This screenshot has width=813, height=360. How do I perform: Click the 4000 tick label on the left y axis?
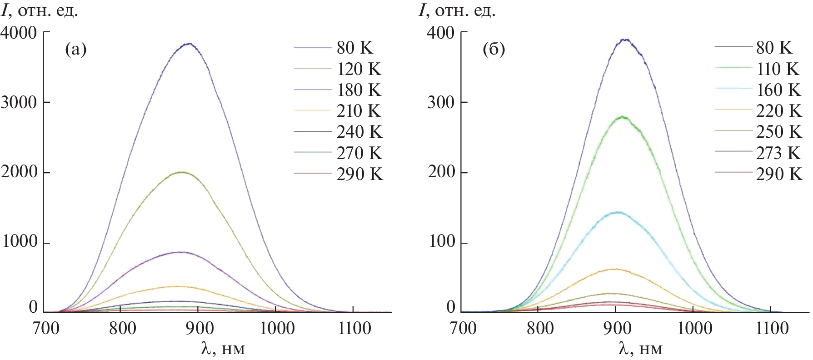(19, 33)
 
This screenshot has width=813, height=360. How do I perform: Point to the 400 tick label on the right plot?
(441, 33)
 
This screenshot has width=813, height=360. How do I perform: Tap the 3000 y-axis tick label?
(19, 103)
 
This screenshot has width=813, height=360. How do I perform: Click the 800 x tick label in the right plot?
(540, 328)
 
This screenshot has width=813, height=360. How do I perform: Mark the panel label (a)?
(75, 49)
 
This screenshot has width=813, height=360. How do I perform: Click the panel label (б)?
(494, 49)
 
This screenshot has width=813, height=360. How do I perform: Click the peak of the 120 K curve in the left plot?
(182, 172)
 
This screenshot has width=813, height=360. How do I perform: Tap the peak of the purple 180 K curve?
(182, 252)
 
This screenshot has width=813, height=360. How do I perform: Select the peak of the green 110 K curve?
(622, 117)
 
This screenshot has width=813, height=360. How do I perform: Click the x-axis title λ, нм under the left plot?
(223, 349)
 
